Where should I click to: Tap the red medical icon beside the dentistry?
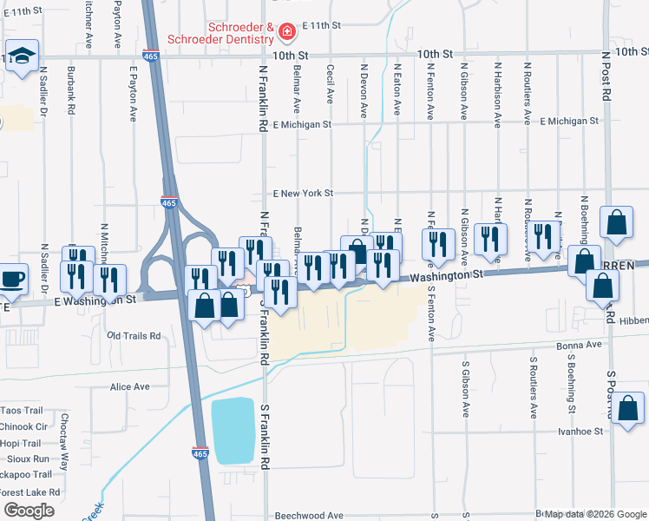(x=287, y=33)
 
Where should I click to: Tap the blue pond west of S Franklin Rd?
(x=233, y=432)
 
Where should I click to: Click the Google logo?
(x=29, y=510)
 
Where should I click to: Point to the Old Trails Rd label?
(x=133, y=335)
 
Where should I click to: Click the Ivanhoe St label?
(x=580, y=431)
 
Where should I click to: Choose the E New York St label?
(x=302, y=193)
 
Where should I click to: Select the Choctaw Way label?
(x=64, y=442)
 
